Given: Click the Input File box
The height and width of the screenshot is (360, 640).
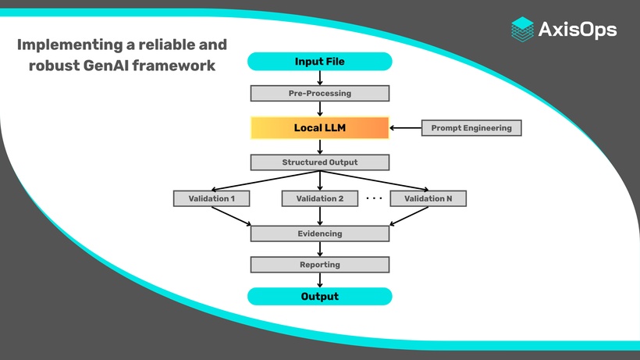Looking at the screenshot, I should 319,62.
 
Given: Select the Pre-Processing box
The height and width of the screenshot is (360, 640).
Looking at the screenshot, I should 319,94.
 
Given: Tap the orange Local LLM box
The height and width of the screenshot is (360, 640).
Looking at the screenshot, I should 319,128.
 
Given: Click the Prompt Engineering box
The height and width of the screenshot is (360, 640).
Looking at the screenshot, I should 471,128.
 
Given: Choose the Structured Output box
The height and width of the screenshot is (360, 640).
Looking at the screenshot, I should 319,162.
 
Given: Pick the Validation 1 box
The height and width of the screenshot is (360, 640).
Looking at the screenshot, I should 211,198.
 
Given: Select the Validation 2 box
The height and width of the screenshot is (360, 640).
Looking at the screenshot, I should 319,198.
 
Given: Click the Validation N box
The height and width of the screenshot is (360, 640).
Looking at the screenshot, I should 428,198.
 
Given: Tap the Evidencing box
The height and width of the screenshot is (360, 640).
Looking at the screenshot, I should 319,233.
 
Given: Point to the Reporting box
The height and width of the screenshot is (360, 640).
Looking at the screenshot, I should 319,265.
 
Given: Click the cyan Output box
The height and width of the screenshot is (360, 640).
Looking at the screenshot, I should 319,297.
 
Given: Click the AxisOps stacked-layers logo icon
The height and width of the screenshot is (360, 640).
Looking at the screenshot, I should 522,29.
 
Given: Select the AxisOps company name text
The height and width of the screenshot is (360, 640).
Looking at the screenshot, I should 578,30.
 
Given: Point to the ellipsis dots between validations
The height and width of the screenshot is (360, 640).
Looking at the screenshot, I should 374,198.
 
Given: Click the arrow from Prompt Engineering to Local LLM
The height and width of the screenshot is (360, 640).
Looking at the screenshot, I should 405,128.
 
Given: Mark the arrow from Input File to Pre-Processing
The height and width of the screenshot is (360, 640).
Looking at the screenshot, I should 320,78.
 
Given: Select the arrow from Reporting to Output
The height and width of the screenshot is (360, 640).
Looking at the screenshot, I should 320,280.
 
